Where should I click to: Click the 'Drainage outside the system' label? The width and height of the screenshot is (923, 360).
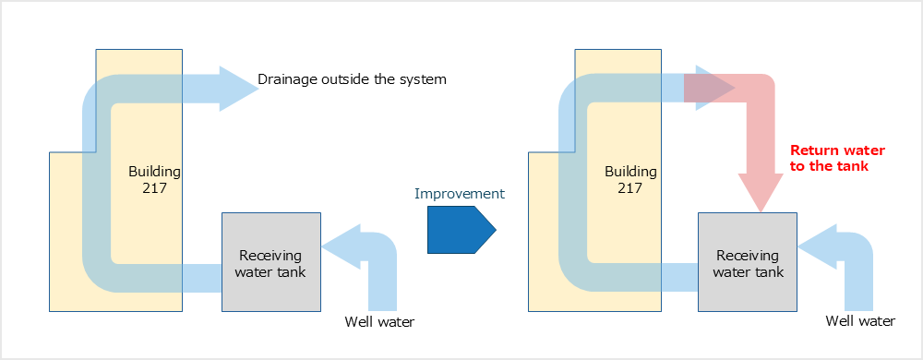click(x=352, y=79)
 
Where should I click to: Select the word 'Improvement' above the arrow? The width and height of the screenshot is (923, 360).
click(x=460, y=194)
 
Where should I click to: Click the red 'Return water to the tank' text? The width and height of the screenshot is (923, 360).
click(x=837, y=158)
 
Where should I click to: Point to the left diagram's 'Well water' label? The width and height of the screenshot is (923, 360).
click(x=379, y=322)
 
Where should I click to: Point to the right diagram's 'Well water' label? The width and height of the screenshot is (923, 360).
click(x=860, y=321)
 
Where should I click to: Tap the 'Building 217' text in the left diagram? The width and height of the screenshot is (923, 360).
click(x=154, y=180)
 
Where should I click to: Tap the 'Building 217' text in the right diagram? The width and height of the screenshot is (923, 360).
click(x=630, y=180)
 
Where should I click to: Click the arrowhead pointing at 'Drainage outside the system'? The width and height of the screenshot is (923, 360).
click(x=239, y=89)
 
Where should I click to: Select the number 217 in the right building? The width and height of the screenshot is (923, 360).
click(x=630, y=188)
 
